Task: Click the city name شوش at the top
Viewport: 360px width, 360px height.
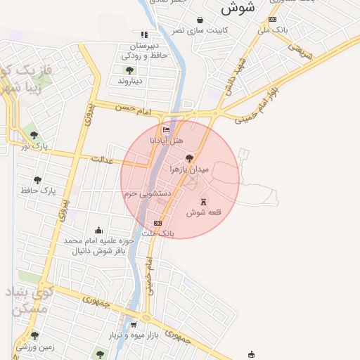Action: click(237, 8)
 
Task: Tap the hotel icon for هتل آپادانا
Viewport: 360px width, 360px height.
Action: click(166, 130)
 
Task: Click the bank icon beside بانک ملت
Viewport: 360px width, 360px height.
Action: click(157, 224)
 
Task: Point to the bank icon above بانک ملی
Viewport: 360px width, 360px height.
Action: click(273, 20)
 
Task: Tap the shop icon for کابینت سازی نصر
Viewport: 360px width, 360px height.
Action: click(200, 20)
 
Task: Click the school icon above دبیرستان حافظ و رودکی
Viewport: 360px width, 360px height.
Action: click(144, 34)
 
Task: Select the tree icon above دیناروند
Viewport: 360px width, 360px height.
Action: click(129, 70)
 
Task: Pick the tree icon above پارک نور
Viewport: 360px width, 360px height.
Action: click(34, 135)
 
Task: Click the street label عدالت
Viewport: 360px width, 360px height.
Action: click(102, 160)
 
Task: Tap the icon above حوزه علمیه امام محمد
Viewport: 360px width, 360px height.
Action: click(98, 230)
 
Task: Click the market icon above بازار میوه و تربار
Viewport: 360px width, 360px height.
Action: click(134, 325)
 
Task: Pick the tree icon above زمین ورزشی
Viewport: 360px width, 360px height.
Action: click(34, 335)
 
